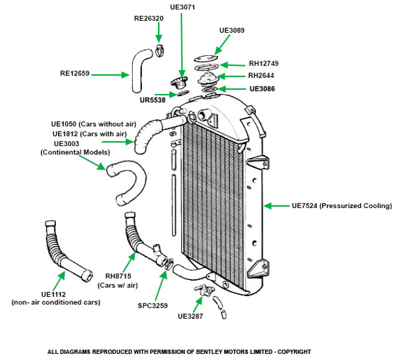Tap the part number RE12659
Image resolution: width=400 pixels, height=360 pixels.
74,74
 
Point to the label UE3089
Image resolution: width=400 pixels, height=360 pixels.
233,30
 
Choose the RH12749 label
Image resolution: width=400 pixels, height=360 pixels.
263,63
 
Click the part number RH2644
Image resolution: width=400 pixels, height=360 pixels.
260,75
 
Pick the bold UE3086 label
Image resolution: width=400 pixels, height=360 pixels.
263,88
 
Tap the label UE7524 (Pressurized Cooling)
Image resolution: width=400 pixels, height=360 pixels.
341,206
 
